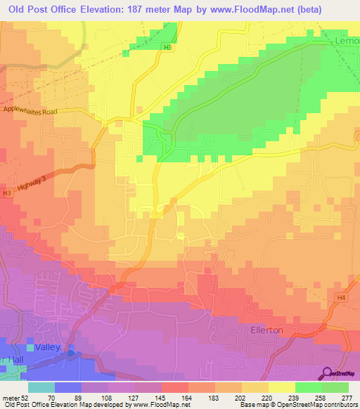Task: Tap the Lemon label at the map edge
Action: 346,43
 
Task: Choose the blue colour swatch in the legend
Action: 67,387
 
